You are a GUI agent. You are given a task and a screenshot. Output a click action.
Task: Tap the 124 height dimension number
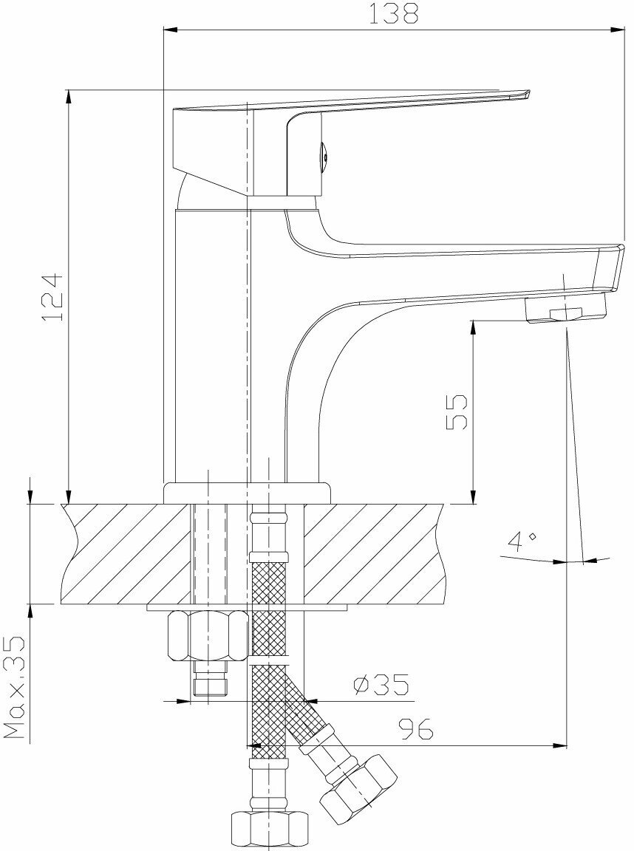54,296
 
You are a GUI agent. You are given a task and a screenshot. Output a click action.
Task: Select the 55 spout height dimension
456,411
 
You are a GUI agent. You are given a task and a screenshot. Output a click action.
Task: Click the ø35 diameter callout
381,686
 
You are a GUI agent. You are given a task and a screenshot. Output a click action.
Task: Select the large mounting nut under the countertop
208,635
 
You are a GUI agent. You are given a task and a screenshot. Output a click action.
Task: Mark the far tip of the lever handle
526,94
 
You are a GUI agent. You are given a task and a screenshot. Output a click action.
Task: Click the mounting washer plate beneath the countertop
247,607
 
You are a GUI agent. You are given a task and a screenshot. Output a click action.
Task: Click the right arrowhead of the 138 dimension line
619,30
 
